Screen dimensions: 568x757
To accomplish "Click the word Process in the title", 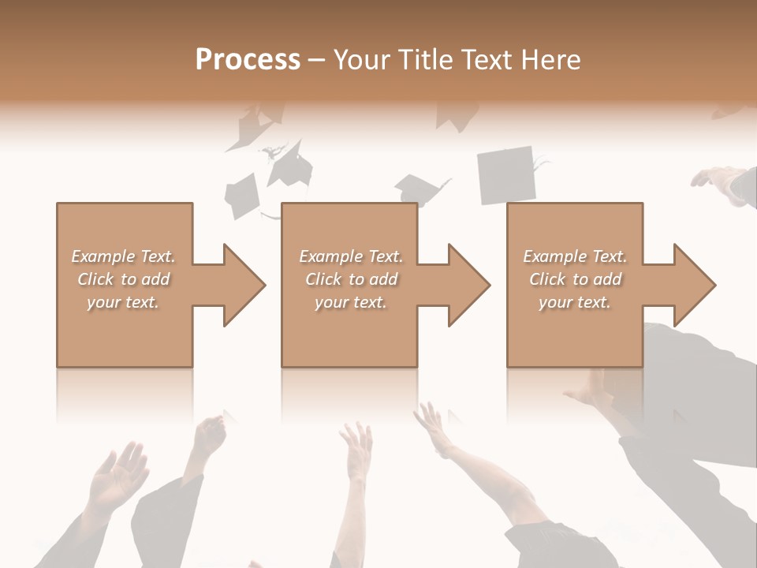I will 248,60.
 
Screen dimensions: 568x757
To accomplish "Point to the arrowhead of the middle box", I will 468,285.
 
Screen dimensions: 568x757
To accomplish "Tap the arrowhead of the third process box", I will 694,285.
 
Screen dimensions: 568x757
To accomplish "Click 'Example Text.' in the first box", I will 123,256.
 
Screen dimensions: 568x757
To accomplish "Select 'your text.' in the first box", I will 123,302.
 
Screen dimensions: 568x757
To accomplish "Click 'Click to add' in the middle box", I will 351,279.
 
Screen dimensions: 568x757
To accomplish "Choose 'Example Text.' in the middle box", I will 351,256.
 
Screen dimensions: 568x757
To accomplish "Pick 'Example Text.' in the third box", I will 575,256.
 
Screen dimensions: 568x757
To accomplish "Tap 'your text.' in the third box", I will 575,302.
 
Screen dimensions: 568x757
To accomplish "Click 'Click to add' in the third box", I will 575,279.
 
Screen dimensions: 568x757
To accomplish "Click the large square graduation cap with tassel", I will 506,176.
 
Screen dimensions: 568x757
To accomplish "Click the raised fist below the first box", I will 209,435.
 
